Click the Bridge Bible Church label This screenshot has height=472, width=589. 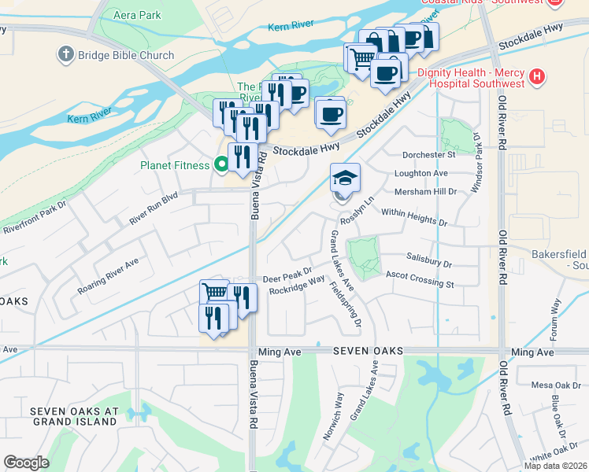click(x=124, y=55)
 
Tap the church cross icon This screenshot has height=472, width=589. click(x=65, y=54)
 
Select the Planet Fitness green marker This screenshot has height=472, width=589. click(x=222, y=165)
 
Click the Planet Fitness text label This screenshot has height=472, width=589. click(x=175, y=165)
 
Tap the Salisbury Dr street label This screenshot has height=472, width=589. click(x=429, y=265)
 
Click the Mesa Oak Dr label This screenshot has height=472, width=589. click(x=555, y=385)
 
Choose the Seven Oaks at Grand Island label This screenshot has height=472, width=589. click(x=74, y=416)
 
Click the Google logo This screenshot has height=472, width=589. click(x=26, y=463)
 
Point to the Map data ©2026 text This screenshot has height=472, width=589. click(x=555, y=466)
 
